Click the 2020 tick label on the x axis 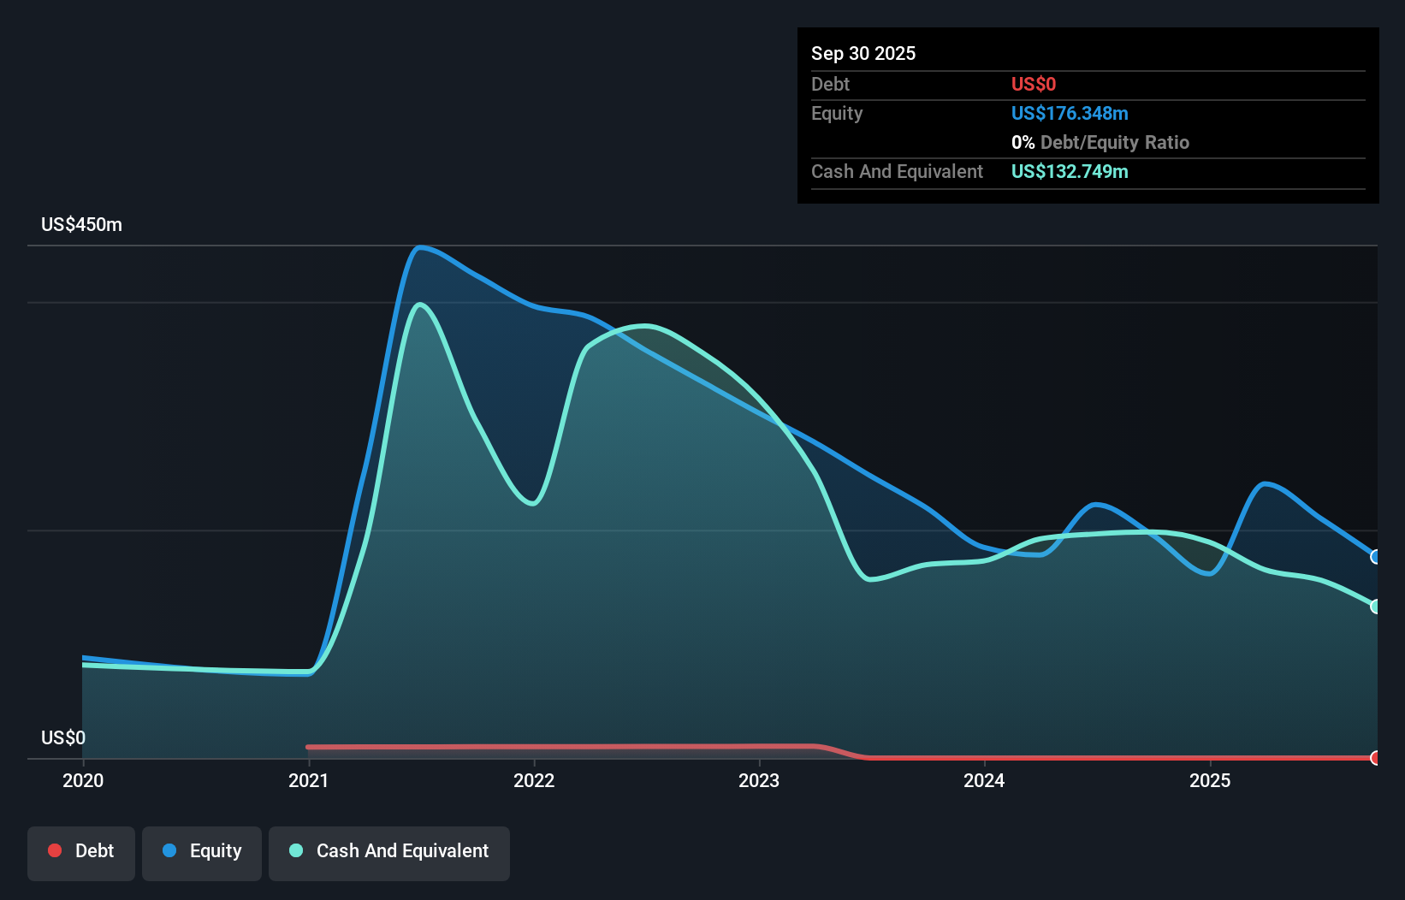click(83, 780)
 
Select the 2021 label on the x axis click(308, 780)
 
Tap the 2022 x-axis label click(534, 780)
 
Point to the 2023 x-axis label click(759, 780)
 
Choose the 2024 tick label click(984, 780)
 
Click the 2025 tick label click(1210, 780)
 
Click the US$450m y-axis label click(81, 225)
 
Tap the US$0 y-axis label click(63, 737)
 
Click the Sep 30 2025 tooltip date click(863, 53)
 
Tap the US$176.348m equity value click(1070, 113)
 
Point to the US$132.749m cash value click(1070, 171)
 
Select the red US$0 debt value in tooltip click(1034, 84)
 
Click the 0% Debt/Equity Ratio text click(1100, 142)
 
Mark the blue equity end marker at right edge click(1376, 557)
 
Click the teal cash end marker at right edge click(1376, 607)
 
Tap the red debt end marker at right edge click(1376, 758)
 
